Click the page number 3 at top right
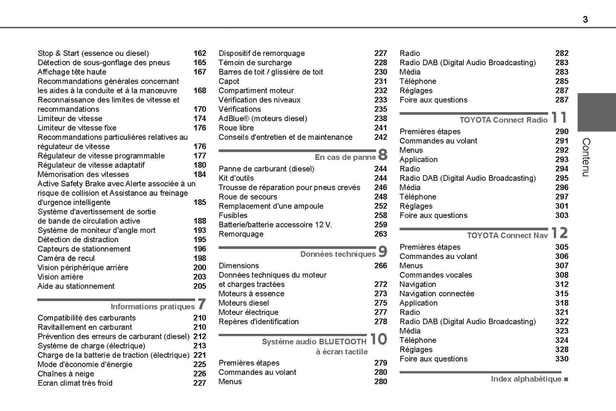click(x=585, y=19)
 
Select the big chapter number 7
click(x=202, y=304)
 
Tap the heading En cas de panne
click(x=345, y=157)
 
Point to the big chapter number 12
click(x=559, y=233)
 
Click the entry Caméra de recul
click(x=66, y=258)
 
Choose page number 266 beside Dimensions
click(x=380, y=266)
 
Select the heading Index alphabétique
click(x=526, y=379)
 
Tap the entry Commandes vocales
click(x=436, y=275)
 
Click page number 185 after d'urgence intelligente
click(x=200, y=203)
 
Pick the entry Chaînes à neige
click(x=66, y=374)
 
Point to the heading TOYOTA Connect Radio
click(x=503, y=120)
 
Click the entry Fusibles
click(x=233, y=216)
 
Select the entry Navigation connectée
click(x=437, y=294)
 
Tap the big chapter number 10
click(x=378, y=339)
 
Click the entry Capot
click(x=229, y=81)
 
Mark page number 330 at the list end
click(x=561, y=359)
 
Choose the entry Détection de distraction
click(x=78, y=240)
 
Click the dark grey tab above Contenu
click(x=596, y=112)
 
